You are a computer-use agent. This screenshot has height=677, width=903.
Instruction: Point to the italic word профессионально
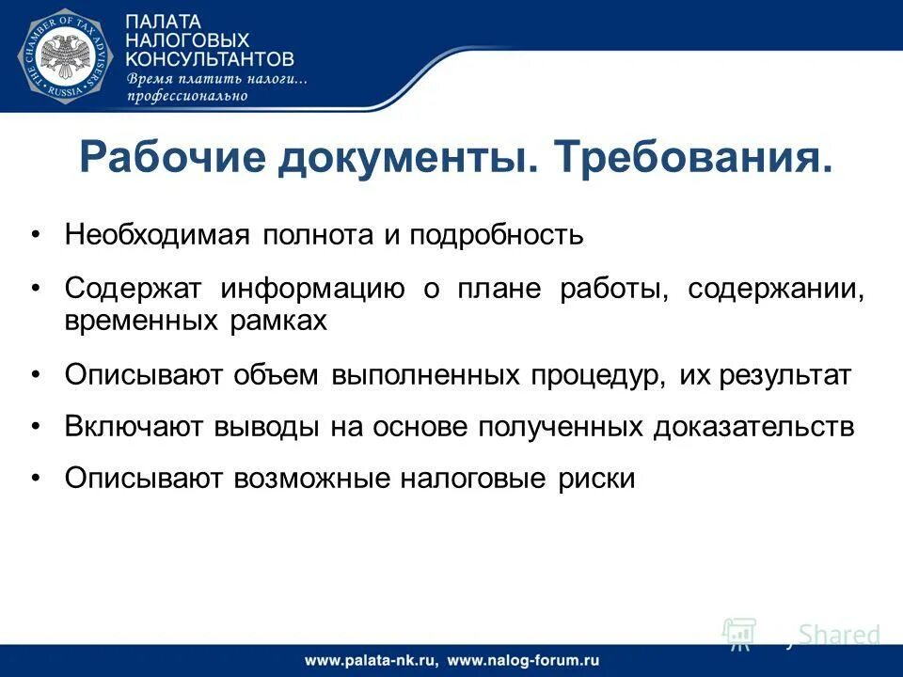pyautogui.click(x=188, y=95)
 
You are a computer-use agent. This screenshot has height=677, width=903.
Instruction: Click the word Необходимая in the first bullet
pyautogui.click(x=157, y=234)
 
